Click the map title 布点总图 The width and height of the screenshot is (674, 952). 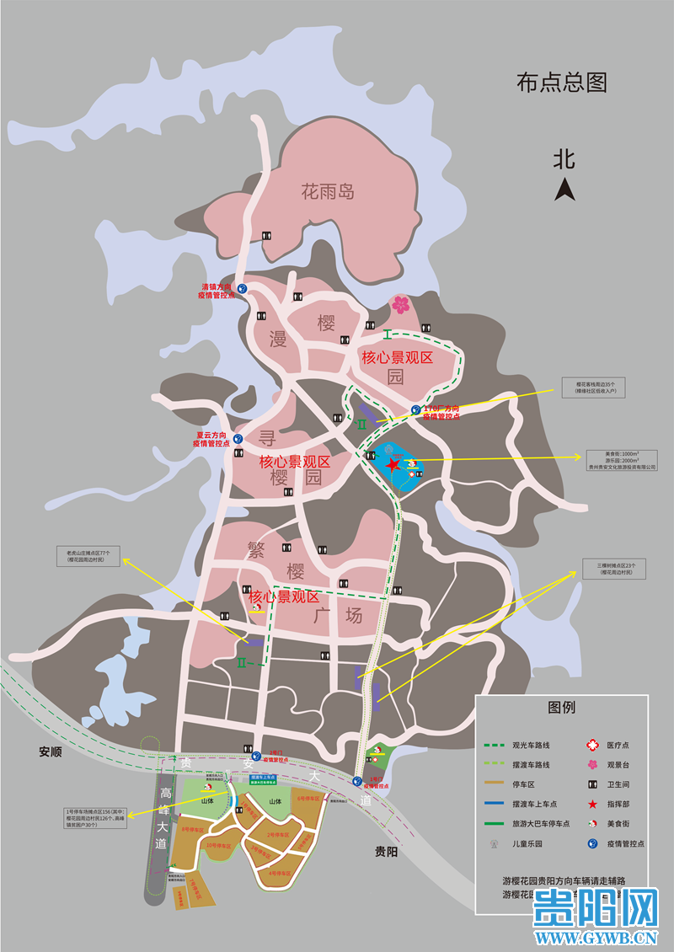click(562, 83)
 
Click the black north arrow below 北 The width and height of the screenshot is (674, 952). click(564, 189)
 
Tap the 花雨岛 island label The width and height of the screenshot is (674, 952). click(328, 191)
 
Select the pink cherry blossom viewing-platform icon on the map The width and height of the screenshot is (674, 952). click(399, 304)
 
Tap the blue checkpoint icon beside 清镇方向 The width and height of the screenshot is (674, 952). click(243, 288)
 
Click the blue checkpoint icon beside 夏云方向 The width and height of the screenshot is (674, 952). click(238, 439)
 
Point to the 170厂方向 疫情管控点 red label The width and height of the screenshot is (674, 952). click(441, 412)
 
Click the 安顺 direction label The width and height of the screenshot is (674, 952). click(51, 751)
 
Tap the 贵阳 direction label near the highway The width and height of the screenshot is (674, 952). click(388, 851)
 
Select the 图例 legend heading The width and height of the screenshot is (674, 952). click(561, 707)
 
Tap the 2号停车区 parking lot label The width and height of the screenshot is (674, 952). click(278, 835)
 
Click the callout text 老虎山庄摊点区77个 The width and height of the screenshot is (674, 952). click(89, 554)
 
